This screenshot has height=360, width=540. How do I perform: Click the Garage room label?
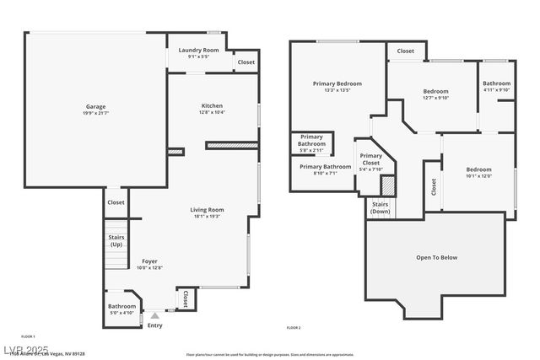[x=95, y=107]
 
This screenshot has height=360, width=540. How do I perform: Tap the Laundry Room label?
[x=199, y=51]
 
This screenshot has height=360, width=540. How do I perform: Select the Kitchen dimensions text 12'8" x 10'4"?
[x=213, y=112]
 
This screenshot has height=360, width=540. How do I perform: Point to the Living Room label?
[x=206, y=209]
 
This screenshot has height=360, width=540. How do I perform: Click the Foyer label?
[x=148, y=261]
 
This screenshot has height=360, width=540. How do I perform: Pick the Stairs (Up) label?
[x=116, y=241]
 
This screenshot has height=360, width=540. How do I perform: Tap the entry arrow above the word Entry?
[x=154, y=316]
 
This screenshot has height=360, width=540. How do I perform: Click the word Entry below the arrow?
[x=155, y=325]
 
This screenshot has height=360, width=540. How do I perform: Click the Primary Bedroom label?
[x=337, y=83]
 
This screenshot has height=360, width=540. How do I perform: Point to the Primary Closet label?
[x=371, y=159]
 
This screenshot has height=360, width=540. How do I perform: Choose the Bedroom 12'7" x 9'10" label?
[x=435, y=91]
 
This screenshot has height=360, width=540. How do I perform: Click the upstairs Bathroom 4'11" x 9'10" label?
[x=497, y=83]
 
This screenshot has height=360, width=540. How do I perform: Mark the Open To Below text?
[x=437, y=257]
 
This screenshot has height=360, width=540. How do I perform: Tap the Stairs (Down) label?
[x=381, y=207]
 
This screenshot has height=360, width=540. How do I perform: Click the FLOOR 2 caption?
[x=294, y=327]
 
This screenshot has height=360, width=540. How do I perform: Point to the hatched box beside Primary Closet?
[x=388, y=185]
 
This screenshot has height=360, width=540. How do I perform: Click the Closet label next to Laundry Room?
[x=246, y=62]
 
